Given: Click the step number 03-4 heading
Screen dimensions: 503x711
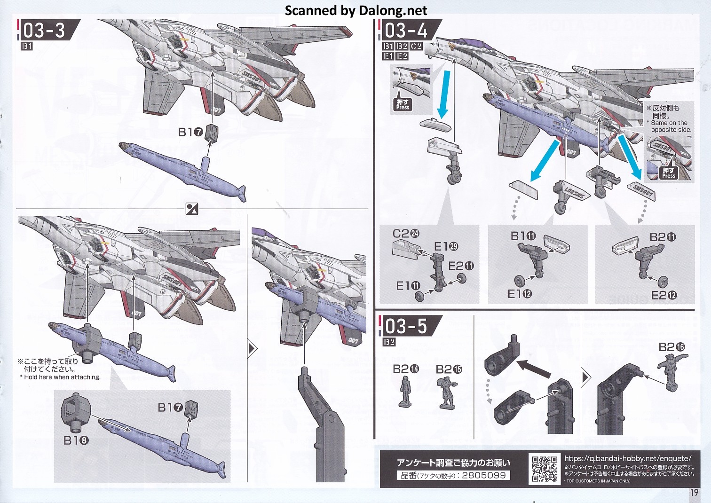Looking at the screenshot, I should (x=406, y=31).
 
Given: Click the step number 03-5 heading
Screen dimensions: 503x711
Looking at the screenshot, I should (x=406, y=326).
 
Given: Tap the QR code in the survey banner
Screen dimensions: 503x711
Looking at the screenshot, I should (x=545, y=469).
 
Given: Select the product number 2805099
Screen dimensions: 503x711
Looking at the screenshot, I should (x=483, y=475).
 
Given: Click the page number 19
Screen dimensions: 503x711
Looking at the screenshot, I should (x=694, y=493).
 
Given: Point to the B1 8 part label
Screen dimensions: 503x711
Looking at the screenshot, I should (x=76, y=440).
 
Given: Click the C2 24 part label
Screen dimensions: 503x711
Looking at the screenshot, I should (x=406, y=234).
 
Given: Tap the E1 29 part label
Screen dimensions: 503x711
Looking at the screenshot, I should (x=446, y=246).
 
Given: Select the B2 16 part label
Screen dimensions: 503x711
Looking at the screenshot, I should (x=671, y=347).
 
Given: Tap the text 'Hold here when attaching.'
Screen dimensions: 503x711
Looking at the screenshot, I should (x=62, y=377).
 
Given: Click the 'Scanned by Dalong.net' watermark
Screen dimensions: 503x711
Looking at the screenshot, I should (x=355, y=10).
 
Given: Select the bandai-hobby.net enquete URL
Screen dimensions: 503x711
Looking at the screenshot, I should (x=628, y=458).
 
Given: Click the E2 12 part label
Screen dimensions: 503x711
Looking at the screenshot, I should (x=664, y=295).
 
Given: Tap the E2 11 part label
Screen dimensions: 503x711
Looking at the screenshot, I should (x=461, y=266).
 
